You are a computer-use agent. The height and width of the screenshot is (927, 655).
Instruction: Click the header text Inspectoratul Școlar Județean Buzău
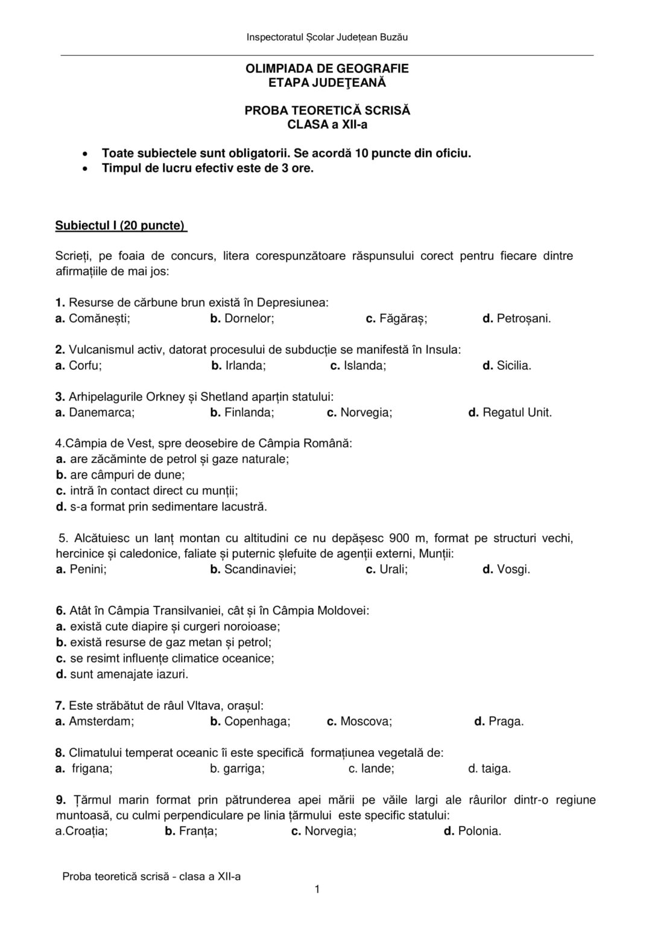(x=327, y=37)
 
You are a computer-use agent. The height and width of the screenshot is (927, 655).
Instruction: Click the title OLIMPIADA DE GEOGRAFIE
(x=327, y=69)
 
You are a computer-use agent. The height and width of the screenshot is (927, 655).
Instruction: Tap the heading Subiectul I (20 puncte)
(x=121, y=226)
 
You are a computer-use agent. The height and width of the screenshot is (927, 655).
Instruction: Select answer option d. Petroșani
(x=516, y=318)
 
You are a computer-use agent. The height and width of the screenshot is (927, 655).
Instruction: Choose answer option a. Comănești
(x=93, y=318)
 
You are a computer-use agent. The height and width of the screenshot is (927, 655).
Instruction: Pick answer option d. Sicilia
(x=507, y=365)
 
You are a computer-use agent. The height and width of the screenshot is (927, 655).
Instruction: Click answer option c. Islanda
(x=358, y=365)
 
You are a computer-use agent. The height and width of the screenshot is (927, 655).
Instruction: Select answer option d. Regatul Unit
(x=510, y=413)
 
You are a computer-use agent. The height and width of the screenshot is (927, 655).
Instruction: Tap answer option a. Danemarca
(x=95, y=413)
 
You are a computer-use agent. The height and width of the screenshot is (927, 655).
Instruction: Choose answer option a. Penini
(x=81, y=569)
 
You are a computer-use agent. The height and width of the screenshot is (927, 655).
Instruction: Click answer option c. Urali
(x=387, y=569)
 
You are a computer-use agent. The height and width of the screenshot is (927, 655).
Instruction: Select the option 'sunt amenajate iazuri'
(x=122, y=674)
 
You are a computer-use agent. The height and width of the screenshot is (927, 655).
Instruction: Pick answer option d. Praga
(x=499, y=721)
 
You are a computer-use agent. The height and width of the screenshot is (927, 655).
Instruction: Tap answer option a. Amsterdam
(x=95, y=721)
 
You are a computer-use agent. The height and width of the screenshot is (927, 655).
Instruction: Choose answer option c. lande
(x=371, y=768)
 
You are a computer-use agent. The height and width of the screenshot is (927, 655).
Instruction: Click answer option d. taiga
(x=489, y=768)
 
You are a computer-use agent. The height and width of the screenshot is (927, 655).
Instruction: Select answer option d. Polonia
(x=472, y=831)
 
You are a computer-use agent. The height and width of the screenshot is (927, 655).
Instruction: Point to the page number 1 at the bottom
(x=317, y=889)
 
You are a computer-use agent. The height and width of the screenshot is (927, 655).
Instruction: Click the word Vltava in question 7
(x=203, y=706)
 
